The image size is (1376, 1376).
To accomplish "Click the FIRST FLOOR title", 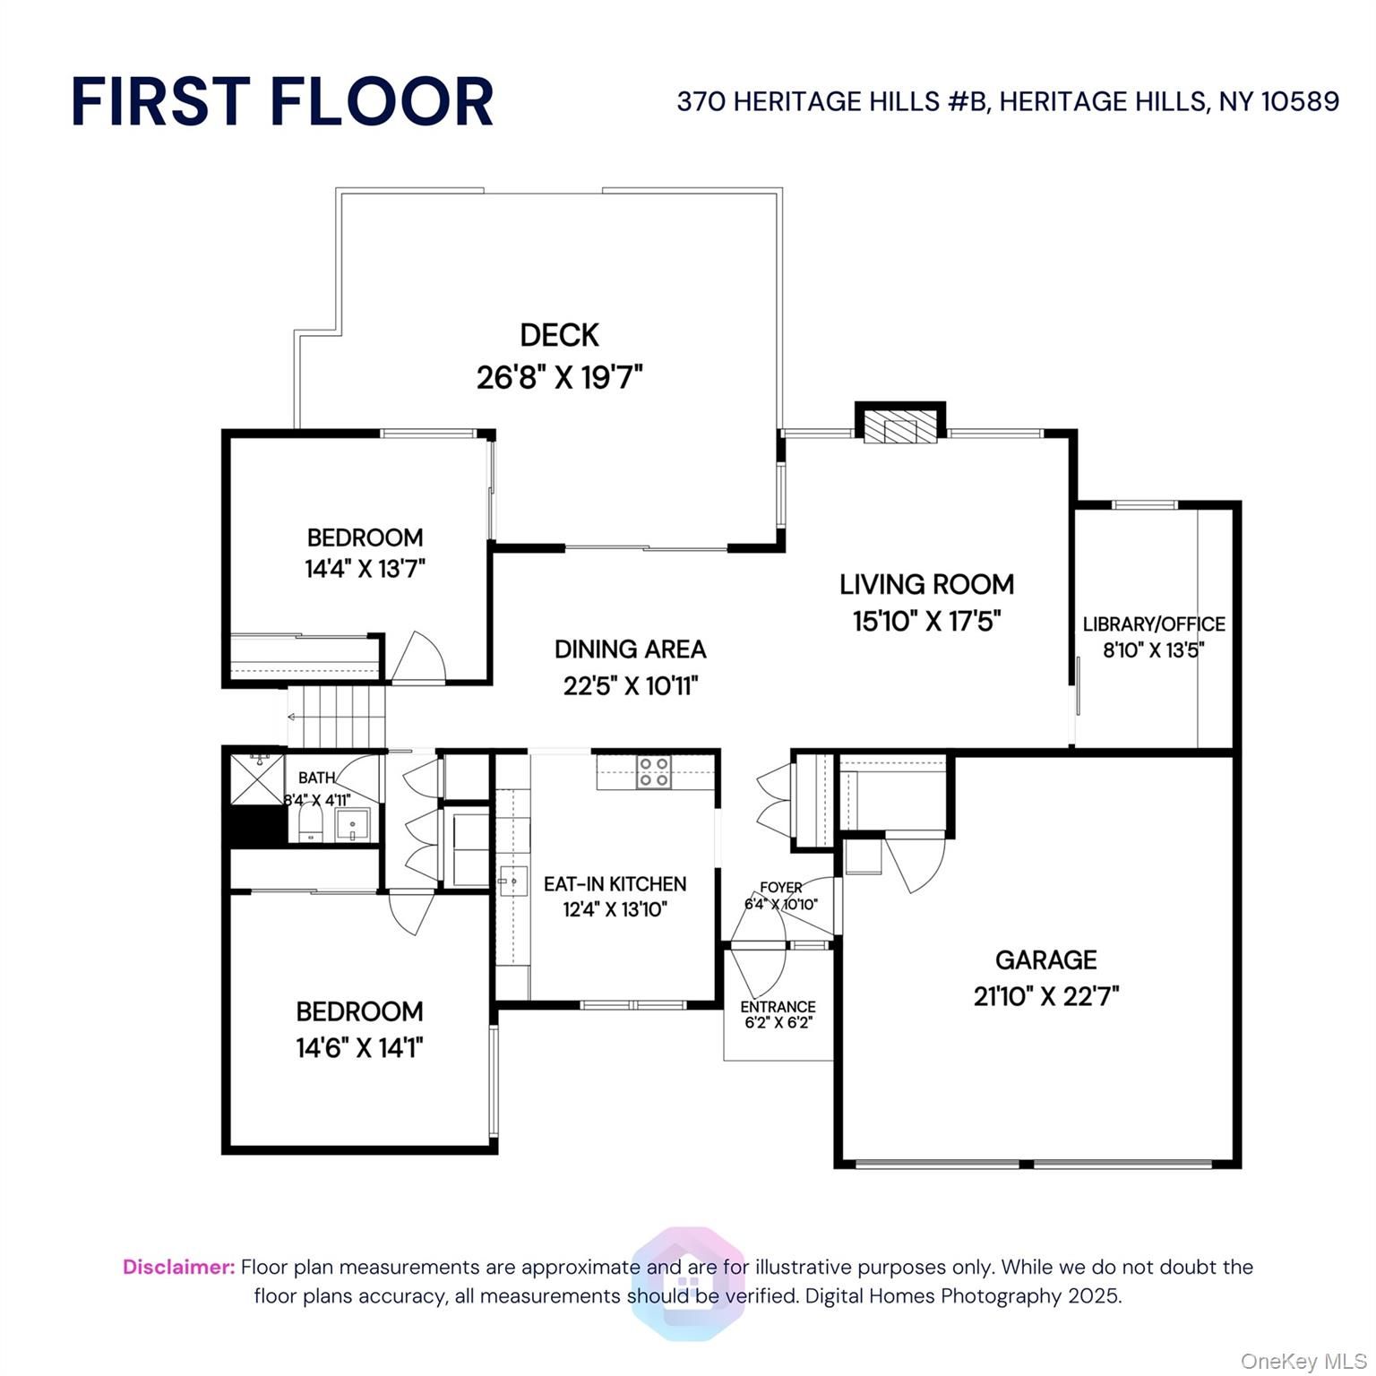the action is click(282, 101).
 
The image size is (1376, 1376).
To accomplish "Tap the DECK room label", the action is click(560, 335).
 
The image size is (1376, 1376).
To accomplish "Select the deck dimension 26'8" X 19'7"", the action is click(560, 377).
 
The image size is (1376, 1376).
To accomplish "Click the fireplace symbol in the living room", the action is click(900, 429).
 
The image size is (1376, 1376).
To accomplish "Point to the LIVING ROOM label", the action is click(927, 584).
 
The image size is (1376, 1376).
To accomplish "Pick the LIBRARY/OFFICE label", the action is click(1154, 624).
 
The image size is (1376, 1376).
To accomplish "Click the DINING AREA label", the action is click(631, 649).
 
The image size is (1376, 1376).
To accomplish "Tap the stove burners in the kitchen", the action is click(654, 772).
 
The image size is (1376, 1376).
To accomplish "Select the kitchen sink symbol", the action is click(513, 882).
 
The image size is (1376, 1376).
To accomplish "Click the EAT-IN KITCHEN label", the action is click(615, 884).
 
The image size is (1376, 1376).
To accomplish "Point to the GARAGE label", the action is click(1046, 960).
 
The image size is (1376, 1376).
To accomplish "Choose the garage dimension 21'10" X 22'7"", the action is click(1046, 996).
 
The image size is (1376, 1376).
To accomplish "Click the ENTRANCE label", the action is click(778, 1007).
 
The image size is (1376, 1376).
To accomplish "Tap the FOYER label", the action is click(781, 887).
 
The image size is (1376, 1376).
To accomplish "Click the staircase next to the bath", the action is click(338, 717).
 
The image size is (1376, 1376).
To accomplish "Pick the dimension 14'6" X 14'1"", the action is click(359, 1047).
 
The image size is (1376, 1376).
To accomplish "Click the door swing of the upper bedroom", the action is click(419, 658).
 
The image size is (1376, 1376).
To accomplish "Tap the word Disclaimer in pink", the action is click(179, 1267).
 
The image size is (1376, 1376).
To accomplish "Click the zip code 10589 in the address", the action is click(1300, 101).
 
